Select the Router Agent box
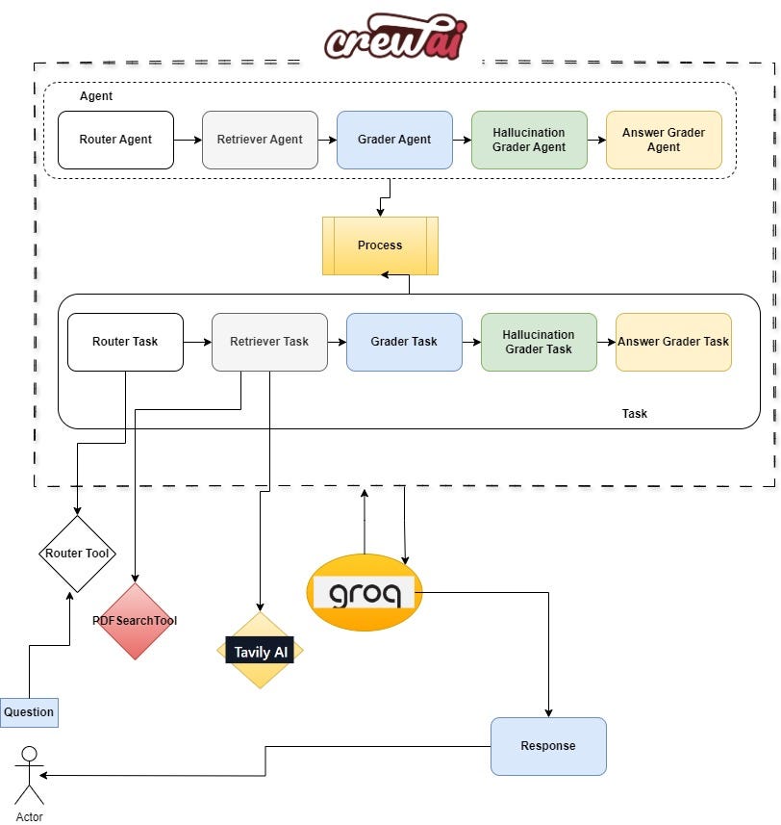(x=115, y=140)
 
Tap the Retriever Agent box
(x=260, y=140)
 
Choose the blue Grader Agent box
(x=394, y=140)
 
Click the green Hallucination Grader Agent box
(x=529, y=140)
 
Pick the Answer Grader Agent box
(x=664, y=140)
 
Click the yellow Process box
(x=380, y=245)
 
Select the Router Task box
(x=125, y=342)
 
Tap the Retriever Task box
(x=269, y=342)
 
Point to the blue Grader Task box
(x=404, y=342)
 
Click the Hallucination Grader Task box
(x=539, y=342)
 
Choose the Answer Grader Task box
(x=673, y=342)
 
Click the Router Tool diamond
(x=76, y=554)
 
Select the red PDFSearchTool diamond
(x=135, y=621)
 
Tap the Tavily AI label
(x=260, y=651)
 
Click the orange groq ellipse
(x=364, y=592)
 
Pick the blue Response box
(x=548, y=746)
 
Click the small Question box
(x=29, y=712)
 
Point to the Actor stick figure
(x=30, y=775)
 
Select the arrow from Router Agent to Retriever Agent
(x=188, y=140)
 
